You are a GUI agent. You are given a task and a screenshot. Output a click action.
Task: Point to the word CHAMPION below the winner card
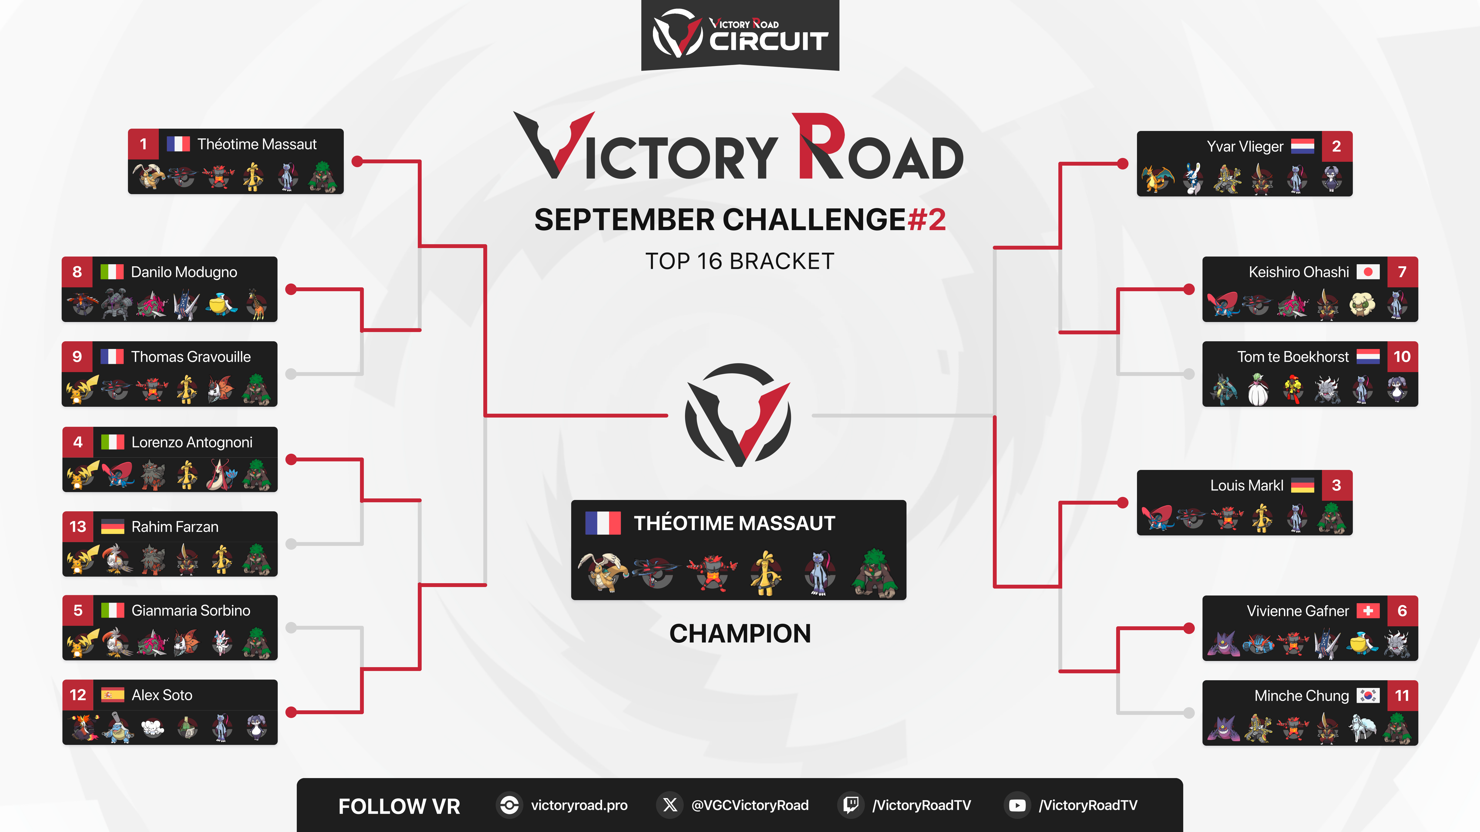click(740, 634)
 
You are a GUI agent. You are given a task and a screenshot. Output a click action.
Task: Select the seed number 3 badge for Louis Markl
click(1336, 485)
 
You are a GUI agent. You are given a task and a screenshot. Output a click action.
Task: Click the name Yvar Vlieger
click(1245, 146)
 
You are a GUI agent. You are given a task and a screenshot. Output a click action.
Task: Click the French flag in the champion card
click(603, 523)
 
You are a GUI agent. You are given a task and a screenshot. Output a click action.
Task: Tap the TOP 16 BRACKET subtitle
click(740, 261)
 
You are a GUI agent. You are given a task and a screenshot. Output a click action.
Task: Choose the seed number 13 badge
click(78, 526)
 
